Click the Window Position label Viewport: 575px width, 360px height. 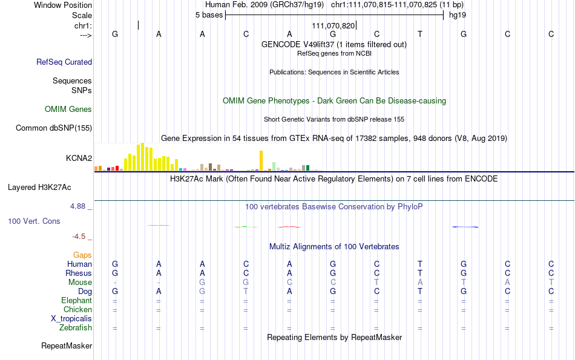click(63, 5)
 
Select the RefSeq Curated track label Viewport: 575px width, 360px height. click(64, 62)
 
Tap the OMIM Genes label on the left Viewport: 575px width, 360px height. click(68, 110)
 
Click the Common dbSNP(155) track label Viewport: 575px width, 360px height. click(54, 128)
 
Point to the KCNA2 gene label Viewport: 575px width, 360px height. click(79, 158)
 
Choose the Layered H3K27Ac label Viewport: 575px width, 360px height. click(39, 188)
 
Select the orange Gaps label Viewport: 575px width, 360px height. click(82, 255)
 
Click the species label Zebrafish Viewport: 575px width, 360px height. click(76, 327)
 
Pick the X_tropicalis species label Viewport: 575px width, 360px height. click(71, 319)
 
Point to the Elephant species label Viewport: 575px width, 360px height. click(77, 300)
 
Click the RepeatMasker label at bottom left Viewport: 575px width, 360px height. click(67, 345)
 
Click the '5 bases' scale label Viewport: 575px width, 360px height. click(209, 15)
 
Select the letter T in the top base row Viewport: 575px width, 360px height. click(420, 34)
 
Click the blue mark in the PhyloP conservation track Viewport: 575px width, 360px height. click(465, 227)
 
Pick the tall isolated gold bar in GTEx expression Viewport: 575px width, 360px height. click(261, 160)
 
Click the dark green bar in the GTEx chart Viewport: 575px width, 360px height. click(308, 168)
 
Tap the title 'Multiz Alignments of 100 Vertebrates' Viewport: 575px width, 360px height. click(334, 246)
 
